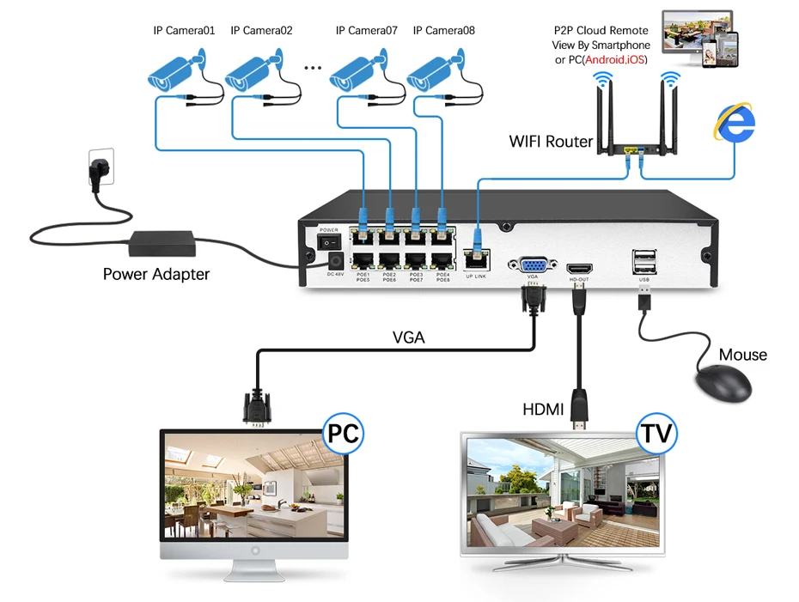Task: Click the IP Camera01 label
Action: [184, 30]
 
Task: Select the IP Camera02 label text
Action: [262, 30]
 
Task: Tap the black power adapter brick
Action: [163, 244]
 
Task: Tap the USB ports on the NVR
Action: [643, 260]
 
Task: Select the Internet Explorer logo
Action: [735, 122]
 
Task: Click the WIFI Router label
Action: [551, 141]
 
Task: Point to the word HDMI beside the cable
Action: [543, 410]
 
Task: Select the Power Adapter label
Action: [156, 275]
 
